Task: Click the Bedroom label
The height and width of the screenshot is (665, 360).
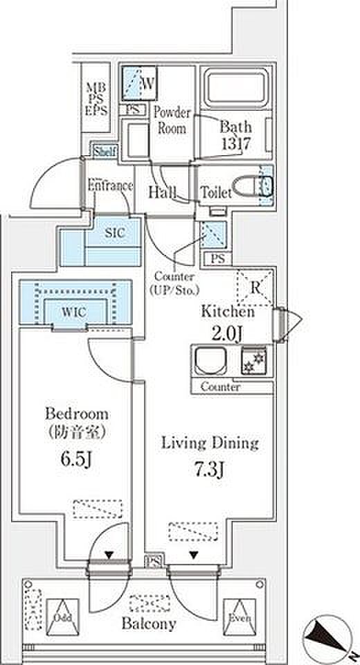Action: (76, 414)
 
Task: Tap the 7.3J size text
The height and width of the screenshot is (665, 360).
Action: (209, 470)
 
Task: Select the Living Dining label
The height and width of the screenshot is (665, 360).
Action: (210, 443)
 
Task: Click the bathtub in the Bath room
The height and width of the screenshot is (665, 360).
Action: (236, 88)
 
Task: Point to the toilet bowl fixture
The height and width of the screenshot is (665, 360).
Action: (253, 186)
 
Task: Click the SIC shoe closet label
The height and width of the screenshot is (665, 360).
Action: (114, 233)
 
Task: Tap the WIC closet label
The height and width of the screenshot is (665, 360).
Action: (75, 313)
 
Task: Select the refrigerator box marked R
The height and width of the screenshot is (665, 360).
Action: (254, 287)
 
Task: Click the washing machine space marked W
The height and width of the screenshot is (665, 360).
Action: (138, 83)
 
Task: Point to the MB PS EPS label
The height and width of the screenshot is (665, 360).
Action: (97, 99)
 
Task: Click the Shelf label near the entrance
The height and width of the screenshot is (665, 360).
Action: (105, 151)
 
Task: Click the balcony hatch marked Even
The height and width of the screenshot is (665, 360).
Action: (240, 617)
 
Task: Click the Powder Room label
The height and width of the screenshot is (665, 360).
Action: (172, 121)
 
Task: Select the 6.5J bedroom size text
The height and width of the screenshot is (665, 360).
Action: (76, 459)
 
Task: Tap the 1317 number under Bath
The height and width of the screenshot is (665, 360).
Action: (236, 143)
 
